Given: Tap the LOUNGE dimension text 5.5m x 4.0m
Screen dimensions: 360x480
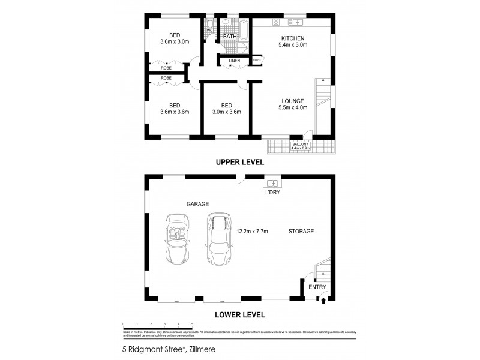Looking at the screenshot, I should click(x=293, y=108).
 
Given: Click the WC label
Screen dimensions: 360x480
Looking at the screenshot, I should click(x=210, y=30).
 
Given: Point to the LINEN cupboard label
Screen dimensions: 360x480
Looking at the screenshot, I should click(x=234, y=61).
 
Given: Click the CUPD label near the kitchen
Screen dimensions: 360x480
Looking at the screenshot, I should click(x=256, y=60).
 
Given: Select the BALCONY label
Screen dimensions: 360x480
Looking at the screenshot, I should click(x=300, y=145).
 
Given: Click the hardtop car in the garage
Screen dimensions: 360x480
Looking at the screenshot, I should click(x=219, y=239).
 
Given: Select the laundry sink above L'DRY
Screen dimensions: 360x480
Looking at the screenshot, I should click(x=272, y=182).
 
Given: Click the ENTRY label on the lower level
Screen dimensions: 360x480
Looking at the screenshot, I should click(x=317, y=287).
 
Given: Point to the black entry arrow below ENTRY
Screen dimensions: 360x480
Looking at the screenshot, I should click(x=325, y=300).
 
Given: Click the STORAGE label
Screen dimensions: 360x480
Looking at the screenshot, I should click(x=301, y=231).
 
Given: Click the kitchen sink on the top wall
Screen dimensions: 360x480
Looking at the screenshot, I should click(x=295, y=22).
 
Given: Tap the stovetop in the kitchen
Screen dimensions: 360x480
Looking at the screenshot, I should click(x=275, y=22).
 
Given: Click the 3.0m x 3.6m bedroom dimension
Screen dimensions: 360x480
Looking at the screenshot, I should click(x=226, y=112).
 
